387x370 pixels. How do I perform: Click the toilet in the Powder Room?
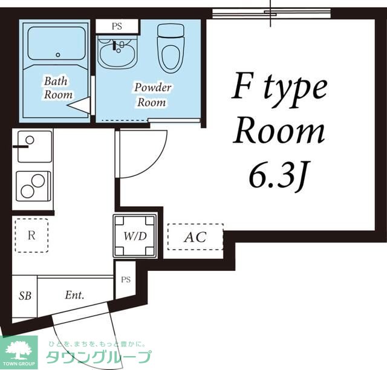(x=171, y=48)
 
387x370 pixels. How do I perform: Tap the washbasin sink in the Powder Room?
(x=117, y=53)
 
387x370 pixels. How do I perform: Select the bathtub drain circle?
(x=58, y=55)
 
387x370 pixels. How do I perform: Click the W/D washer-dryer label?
(x=135, y=236)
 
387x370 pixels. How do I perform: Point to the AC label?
(x=195, y=237)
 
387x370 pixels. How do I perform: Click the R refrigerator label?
(x=31, y=235)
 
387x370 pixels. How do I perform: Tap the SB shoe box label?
(x=25, y=296)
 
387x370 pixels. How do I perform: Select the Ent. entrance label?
(x=74, y=295)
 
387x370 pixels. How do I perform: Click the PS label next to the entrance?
(x=126, y=280)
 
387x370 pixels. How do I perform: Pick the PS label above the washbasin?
(x=117, y=26)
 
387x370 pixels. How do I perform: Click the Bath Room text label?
(x=58, y=88)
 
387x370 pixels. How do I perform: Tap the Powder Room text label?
(x=152, y=95)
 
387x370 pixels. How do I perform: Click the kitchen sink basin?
(x=35, y=147)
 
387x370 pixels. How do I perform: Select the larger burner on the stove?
(x=38, y=181)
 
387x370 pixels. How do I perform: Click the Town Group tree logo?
(x=19, y=349)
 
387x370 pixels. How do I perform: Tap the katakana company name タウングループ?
(x=99, y=357)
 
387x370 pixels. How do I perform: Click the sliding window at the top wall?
(x=272, y=13)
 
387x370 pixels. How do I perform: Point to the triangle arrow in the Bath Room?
(x=79, y=105)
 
